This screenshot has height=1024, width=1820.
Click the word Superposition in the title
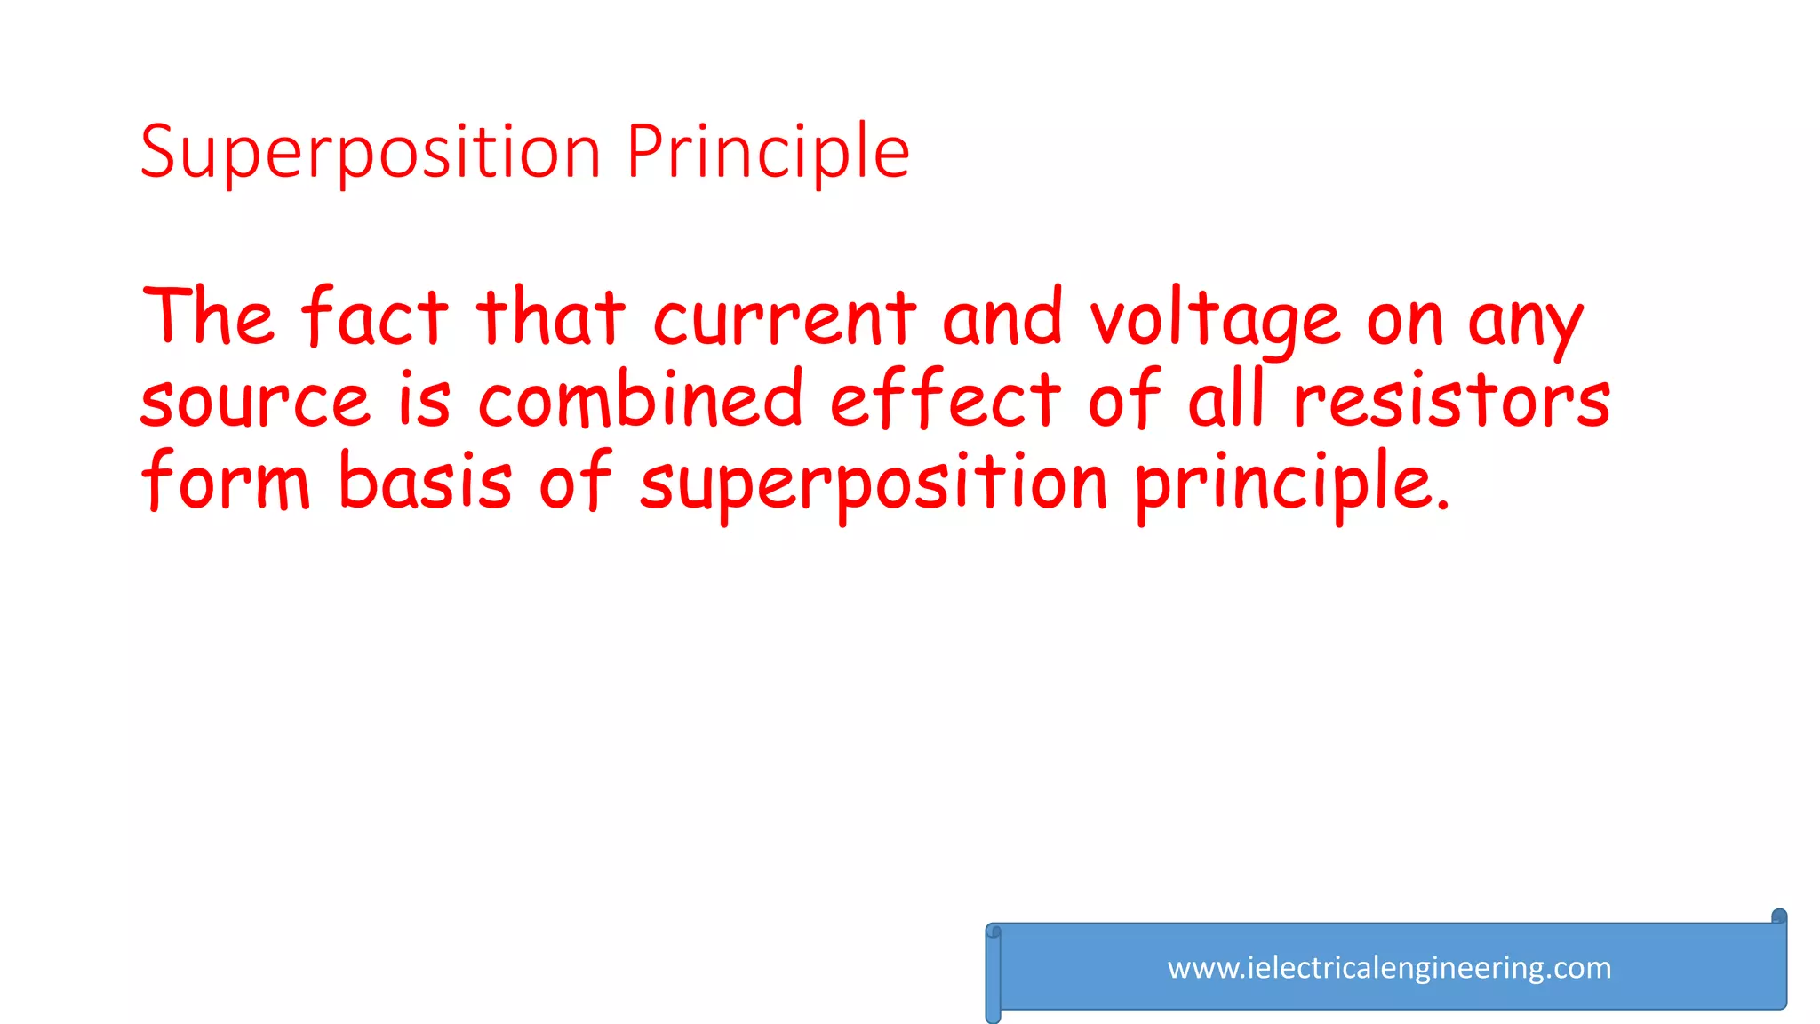tap(371, 153)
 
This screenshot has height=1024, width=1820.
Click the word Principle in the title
tap(768, 153)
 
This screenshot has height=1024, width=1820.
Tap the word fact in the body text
tap(374, 317)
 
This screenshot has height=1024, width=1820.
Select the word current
tap(785, 317)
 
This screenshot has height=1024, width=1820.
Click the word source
tap(254, 401)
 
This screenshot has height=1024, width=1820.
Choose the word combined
tap(641, 399)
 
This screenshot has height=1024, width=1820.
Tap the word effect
tap(945, 399)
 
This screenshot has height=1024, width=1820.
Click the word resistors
tap(1451, 399)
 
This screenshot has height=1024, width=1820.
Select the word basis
tap(426, 481)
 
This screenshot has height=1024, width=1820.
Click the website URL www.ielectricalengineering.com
tap(1389, 968)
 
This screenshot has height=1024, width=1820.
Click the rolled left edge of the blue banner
tap(994, 973)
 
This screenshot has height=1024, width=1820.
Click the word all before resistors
tap(1225, 399)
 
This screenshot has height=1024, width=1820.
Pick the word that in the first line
tap(550, 317)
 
